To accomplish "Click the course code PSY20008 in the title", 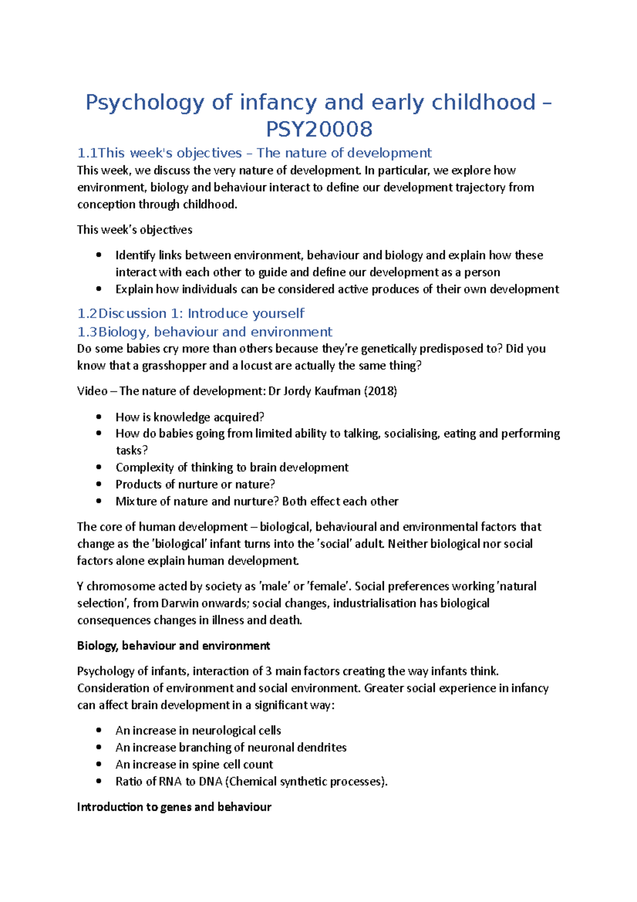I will (319, 129).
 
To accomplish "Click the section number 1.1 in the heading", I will (87, 153).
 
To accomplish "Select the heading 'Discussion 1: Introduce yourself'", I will (201, 313).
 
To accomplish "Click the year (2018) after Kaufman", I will (380, 391).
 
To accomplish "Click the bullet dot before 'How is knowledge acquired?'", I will (99, 417).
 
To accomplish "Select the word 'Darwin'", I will (180, 603).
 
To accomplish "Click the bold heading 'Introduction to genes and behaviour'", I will (174, 807).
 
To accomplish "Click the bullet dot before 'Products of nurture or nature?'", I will (99, 484).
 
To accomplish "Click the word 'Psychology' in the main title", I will (144, 102).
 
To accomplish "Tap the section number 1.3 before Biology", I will (87, 332).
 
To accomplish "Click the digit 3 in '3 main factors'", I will (269, 671).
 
